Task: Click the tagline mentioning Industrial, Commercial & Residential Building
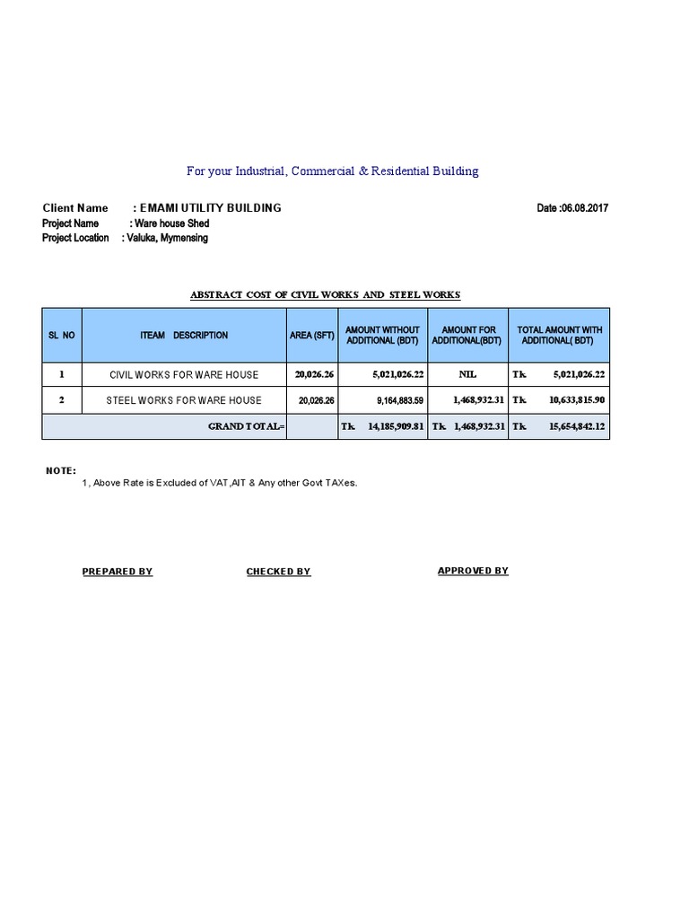pyautogui.click(x=332, y=171)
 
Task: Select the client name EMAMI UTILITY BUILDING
pyautogui.click(x=206, y=208)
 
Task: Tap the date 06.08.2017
pyautogui.click(x=572, y=208)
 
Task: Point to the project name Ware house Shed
pyautogui.click(x=170, y=223)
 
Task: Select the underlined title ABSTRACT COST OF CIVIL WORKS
pyautogui.click(x=325, y=294)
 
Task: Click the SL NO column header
pyautogui.click(x=62, y=336)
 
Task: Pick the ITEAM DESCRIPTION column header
pyautogui.click(x=184, y=336)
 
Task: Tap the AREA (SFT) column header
pyautogui.click(x=312, y=336)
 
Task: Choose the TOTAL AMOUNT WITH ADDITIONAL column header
pyautogui.click(x=559, y=336)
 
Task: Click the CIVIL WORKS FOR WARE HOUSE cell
pyautogui.click(x=184, y=374)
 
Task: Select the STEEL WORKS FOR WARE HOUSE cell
pyautogui.click(x=184, y=400)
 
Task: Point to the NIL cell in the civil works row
pyautogui.click(x=468, y=374)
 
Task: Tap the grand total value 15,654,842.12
pyautogui.click(x=571, y=427)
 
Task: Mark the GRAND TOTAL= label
pyautogui.click(x=247, y=427)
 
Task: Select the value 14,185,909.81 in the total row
pyautogui.click(x=395, y=427)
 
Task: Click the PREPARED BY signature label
pyautogui.click(x=118, y=572)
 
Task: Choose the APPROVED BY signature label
pyautogui.click(x=473, y=571)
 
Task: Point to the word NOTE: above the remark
pyautogui.click(x=61, y=471)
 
